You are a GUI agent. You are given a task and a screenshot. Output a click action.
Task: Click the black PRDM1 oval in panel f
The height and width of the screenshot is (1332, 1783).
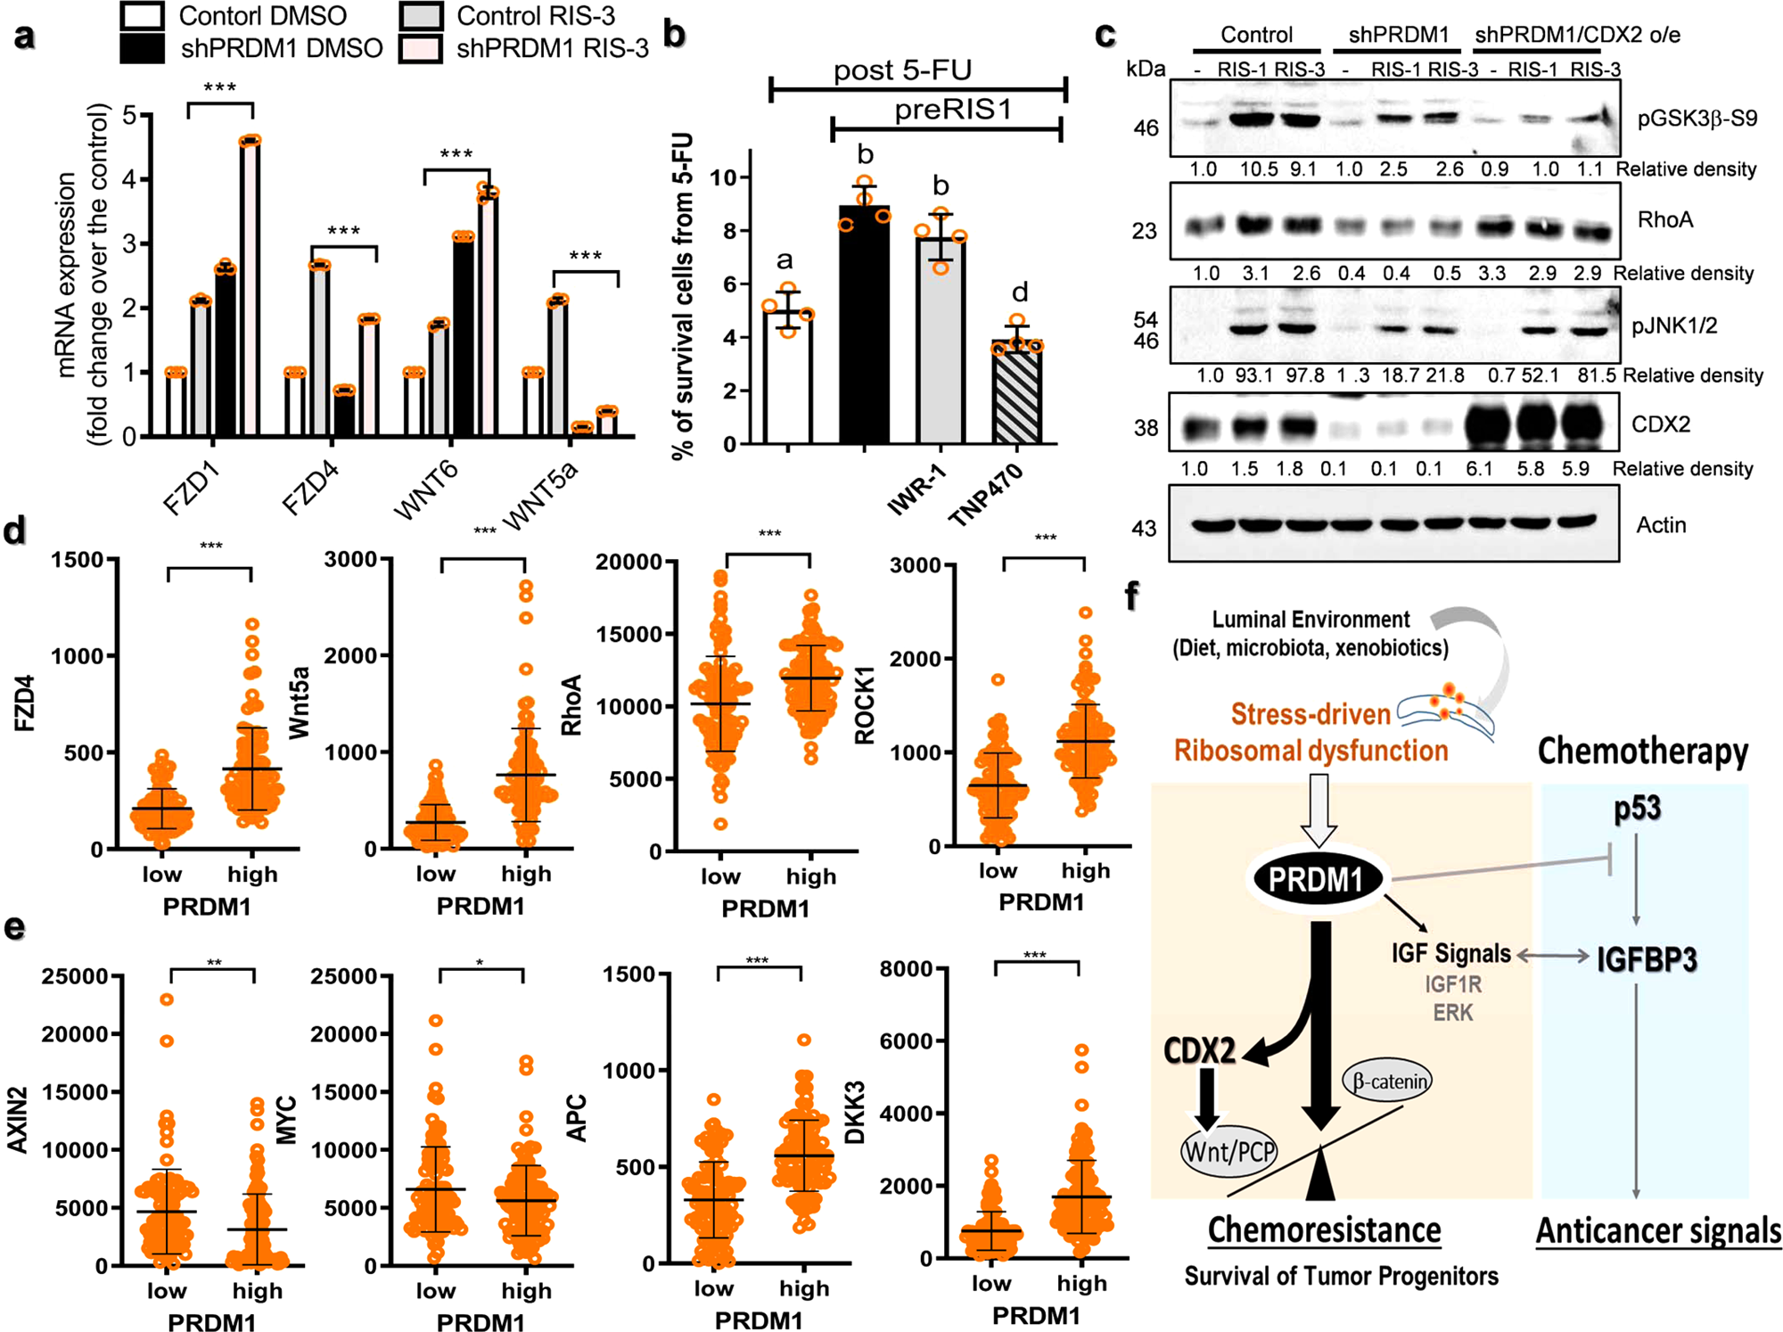point(1317,880)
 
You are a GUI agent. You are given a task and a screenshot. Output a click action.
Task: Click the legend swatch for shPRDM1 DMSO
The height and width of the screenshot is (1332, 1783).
point(143,49)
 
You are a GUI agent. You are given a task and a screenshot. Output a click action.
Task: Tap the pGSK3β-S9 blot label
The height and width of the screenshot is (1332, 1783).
point(1697,119)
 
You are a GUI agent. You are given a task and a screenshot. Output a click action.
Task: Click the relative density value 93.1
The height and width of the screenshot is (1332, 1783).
point(1253,376)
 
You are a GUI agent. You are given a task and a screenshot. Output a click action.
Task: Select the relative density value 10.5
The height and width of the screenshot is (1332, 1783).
point(1259,169)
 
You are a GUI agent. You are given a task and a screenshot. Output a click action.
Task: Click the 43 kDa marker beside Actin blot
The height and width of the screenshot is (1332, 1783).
point(1145,529)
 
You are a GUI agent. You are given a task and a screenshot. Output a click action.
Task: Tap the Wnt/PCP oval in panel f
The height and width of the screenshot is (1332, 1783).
point(1229,1151)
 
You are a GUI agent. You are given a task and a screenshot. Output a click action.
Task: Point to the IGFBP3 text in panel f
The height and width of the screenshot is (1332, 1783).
point(1646,959)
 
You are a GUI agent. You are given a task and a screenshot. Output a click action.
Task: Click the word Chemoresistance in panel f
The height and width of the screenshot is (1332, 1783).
point(1324,1230)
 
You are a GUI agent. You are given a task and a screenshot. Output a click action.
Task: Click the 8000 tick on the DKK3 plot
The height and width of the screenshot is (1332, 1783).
point(906,969)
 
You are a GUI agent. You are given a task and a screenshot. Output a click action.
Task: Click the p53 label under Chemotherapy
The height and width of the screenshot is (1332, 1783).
point(1637,809)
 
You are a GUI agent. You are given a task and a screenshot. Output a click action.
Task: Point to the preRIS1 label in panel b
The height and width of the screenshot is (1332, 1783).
point(953,110)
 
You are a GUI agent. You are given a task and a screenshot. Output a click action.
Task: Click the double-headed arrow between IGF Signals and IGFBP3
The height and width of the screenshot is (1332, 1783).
point(1552,957)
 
